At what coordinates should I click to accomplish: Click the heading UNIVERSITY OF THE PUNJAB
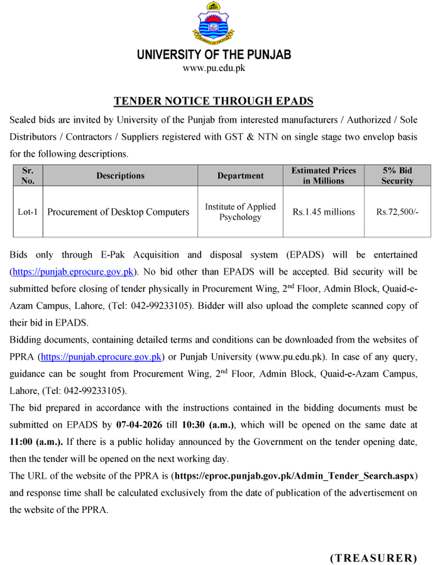pos(214,55)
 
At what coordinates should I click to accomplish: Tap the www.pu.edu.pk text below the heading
pos(214,68)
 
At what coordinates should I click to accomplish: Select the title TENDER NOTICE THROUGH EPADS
pos(214,101)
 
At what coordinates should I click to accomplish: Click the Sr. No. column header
pos(28,175)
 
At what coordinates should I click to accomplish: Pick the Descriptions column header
pos(120,176)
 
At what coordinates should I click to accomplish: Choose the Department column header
pos(240,176)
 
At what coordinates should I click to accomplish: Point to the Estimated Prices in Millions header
pos(324,175)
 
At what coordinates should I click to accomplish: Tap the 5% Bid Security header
pos(397,175)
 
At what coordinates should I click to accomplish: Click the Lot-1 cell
pos(28,212)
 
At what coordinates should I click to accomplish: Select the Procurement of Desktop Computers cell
pos(118,212)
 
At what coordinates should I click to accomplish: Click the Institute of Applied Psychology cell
pos(240,212)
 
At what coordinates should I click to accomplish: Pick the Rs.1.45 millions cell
pos(324,212)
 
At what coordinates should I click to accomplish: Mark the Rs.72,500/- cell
pos(397,212)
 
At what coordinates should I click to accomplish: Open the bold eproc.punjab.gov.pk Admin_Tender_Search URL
pos(295,475)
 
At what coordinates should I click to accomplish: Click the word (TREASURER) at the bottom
pos(373,557)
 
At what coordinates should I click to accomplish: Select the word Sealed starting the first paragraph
pos(23,119)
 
